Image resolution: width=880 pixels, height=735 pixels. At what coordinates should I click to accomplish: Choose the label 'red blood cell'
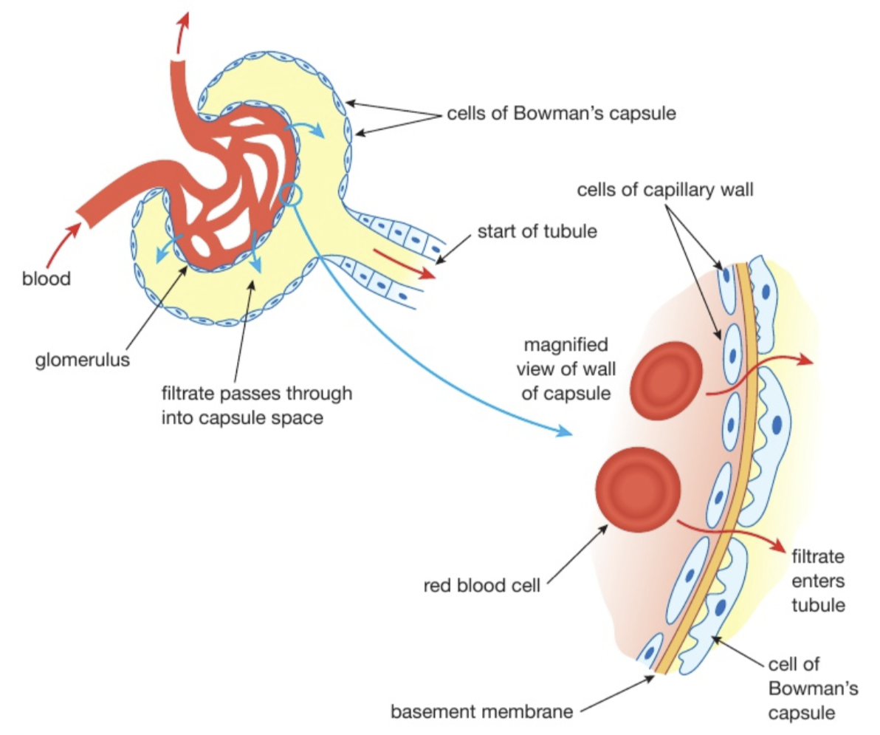[482, 586]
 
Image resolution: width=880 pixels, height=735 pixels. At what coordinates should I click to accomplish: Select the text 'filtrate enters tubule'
[817, 580]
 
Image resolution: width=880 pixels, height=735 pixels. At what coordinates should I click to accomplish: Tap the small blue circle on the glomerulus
[292, 196]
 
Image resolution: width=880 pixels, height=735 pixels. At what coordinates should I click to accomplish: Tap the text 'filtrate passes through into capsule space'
[257, 405]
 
